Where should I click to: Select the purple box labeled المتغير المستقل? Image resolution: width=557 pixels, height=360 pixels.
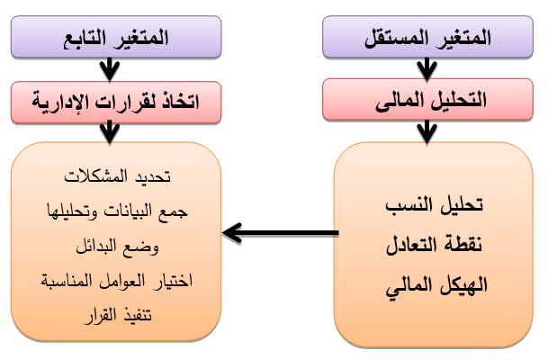click(x=427, y=39)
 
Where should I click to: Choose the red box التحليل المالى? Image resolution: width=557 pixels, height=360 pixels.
click(x=427, y=99)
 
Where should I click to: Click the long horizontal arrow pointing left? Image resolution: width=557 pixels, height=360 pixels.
click(x=280, y=235)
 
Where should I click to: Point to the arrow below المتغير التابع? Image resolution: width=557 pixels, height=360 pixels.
click(x=110, y=69)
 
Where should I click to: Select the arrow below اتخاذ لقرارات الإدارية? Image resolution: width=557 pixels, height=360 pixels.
click(x=110, y=130)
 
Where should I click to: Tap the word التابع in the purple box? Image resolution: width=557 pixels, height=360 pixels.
click(x=85, y=39)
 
